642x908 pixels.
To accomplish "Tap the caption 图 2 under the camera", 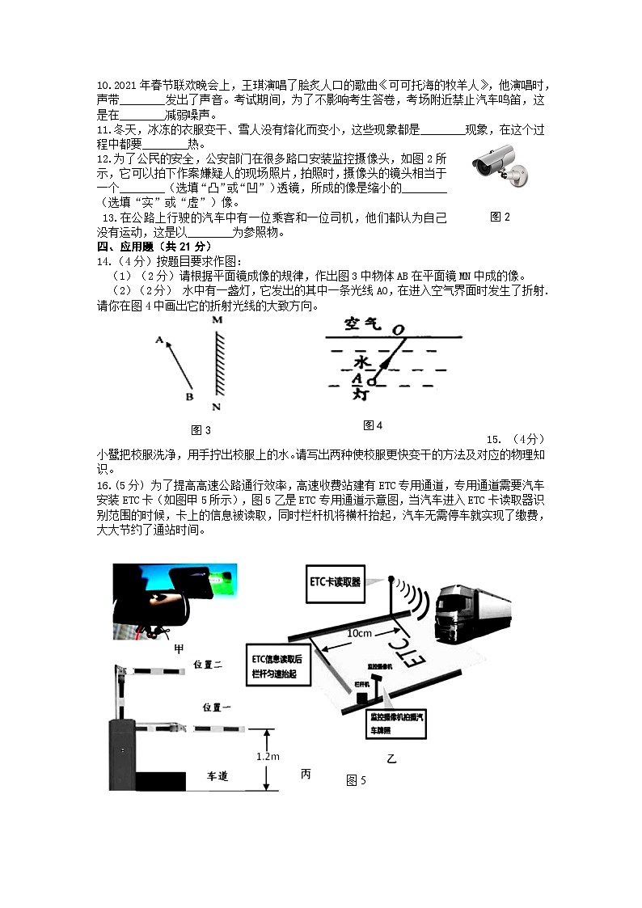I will (x=500, y=217).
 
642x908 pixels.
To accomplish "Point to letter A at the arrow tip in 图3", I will (x=159, y=340).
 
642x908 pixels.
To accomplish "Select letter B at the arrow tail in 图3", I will (x=189, y=397).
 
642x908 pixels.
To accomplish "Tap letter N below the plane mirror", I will (x=216, y=406).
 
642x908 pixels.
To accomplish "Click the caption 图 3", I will (x=201, y=429).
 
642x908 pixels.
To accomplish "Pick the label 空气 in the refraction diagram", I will (x=361, y=323).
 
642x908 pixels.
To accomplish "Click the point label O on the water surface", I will (x=397, y=329).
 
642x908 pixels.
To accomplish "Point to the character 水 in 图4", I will (x=361, y=361).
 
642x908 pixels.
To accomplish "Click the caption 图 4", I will (x=373, y=425).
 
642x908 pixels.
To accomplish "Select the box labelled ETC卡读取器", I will (x=336, y=581).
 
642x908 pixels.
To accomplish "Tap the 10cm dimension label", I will (x=359, y=633).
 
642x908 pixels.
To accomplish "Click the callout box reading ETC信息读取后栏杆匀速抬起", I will (x=278, y=665).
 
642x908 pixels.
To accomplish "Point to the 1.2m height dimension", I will (x=263, y=755).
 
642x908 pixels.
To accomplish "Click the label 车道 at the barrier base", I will (x=218, y=775).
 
